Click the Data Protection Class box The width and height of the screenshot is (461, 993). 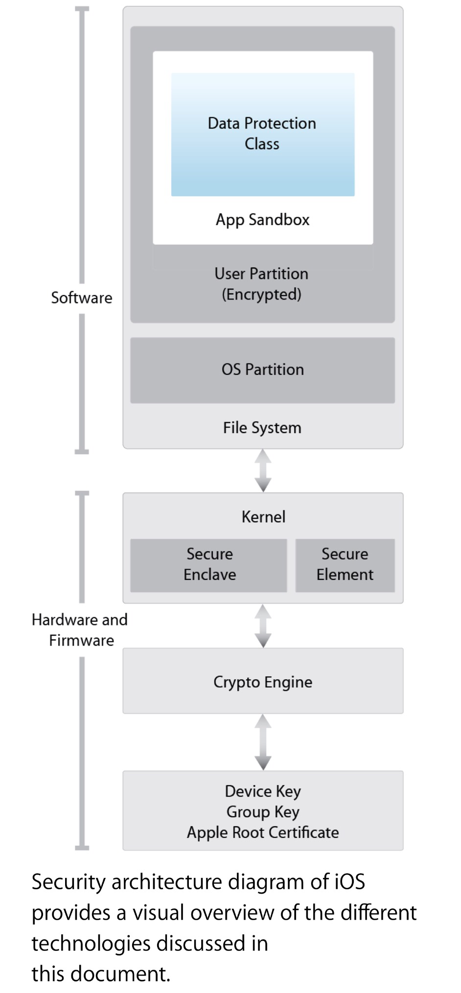(x=262, y=134)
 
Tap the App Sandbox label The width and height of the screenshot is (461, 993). (x=262, y=220)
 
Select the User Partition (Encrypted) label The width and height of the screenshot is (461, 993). (x=262, y=284)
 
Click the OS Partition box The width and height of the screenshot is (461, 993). (x=262, y=369)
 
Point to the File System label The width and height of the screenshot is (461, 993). (x=262, y=428)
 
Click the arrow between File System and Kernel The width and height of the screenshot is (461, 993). (x=263, y=470)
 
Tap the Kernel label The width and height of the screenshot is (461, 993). (x=263, y=517)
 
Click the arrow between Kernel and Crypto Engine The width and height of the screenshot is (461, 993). (x=263, y=625)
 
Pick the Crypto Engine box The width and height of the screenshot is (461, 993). (x=263, y=682)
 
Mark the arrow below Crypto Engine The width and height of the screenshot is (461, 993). (x=263, y=741)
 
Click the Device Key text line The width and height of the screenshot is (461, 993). (x=263, y=791)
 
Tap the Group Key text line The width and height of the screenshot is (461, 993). (x=263, y=812)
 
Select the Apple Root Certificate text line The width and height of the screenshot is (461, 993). (x=263, y=832)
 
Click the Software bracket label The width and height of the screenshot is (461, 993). (x=82, y=298)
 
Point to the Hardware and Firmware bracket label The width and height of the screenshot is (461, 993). (x=80, y=630)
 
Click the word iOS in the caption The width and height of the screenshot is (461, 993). (x=350, y=882)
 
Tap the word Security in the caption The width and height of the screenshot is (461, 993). (x=69, y=882)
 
